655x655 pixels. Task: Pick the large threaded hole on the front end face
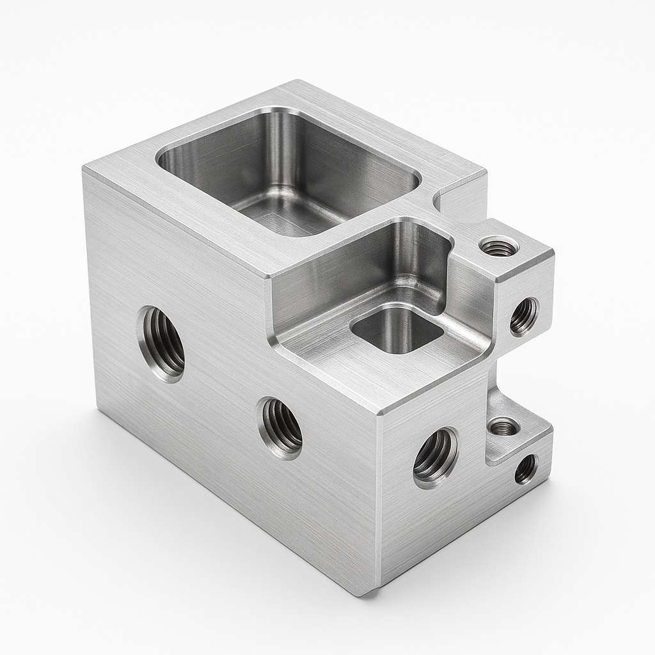tap(436, 457)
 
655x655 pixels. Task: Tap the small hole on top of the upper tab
tap(499, 246)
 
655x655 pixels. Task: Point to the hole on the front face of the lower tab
tap(526, 469)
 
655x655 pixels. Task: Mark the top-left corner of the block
tap(84, 168)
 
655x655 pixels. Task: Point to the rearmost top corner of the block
tap(297, 81)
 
